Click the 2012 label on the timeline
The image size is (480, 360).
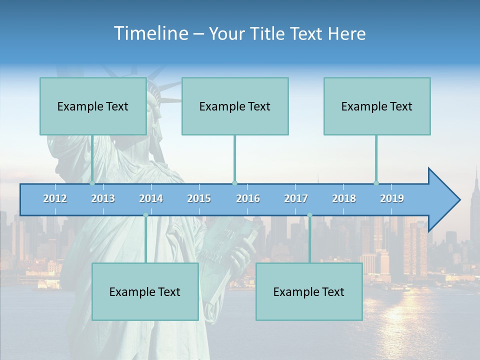pyautogui.click(x=55, y=198)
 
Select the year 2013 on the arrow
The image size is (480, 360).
pyautogui.click(x=103, y=198)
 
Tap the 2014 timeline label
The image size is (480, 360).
pyautogui.click(x=151, y=198)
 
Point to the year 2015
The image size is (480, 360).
pyautogui.click(x=199, y=198)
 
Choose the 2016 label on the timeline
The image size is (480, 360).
pyautogui.click(x=248, y=198)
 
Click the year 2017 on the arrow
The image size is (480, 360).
pyautogui.click(x=296, y=198)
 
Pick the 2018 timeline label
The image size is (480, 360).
pyautogui.click(x=344, y=198)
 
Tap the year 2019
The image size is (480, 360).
pyautogui.click(x=392, y=198)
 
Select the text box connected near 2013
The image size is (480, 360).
pyautogui.click(x=93, y=106)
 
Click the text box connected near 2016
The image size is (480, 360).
pyautogui.click(x=235, y=106)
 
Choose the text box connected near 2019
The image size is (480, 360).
pyautogui.click(x=377, y=106)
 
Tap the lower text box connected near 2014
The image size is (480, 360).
pyautogui.click(x=145, y=291)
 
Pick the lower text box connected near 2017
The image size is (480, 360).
pyautogui.click(x=309, y=291)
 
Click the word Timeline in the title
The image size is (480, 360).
pyautogui.click(x=150, y=33)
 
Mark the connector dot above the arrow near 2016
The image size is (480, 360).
pyautogui.click(x=234, y=183)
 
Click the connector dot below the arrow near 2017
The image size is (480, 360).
pyautogui.click(x=309, y=215)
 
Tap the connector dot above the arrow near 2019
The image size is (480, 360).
pyautogui.click(x=376, y=183)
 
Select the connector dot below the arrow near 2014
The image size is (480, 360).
pyautogui.click(x=145, y=215)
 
